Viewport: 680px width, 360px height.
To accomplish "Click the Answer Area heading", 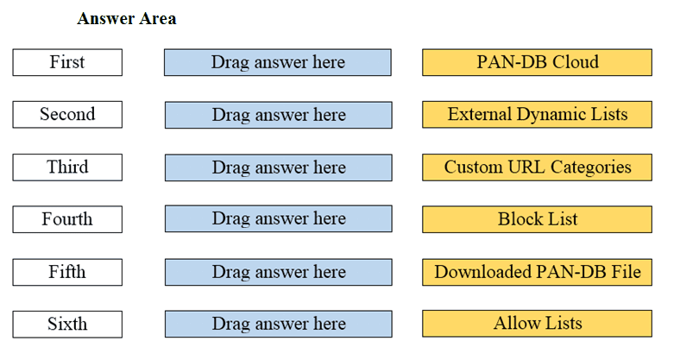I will (x=126, y=19).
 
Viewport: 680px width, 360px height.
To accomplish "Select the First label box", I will (x=67, y=62).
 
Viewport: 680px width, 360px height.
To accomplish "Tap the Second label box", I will (x=67, y=114).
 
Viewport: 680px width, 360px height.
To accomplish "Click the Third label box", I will (x=67, y=167).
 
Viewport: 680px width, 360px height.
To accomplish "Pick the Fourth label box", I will (x=67, y=219).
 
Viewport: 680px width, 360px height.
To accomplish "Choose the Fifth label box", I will (x=67, y=272).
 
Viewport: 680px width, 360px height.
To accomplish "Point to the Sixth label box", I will (x=67, y=324).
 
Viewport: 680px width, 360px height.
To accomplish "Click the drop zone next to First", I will (x=278, y=62).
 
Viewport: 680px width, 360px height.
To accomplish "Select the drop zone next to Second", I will (x=278, y=115).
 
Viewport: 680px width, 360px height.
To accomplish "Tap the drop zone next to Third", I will (x=278, y=167).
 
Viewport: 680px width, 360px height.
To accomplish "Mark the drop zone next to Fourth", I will (x=278, y=219).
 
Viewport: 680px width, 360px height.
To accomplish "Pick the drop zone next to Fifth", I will (x=278, y=272).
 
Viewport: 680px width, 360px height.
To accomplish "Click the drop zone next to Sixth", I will (x=278, y=324).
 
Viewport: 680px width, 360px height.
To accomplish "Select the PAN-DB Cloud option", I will (x=537, y=62).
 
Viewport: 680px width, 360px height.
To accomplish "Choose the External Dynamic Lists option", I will (x=537, y=114).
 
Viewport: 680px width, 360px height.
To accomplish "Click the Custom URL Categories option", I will (x=537, y=167).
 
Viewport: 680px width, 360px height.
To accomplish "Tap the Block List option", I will (x=537, y=219).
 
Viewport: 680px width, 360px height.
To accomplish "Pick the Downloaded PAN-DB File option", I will (x=537, y=272).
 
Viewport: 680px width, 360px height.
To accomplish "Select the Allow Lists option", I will (x=537, y=324).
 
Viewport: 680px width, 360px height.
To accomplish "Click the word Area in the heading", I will (x=156, y=19).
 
